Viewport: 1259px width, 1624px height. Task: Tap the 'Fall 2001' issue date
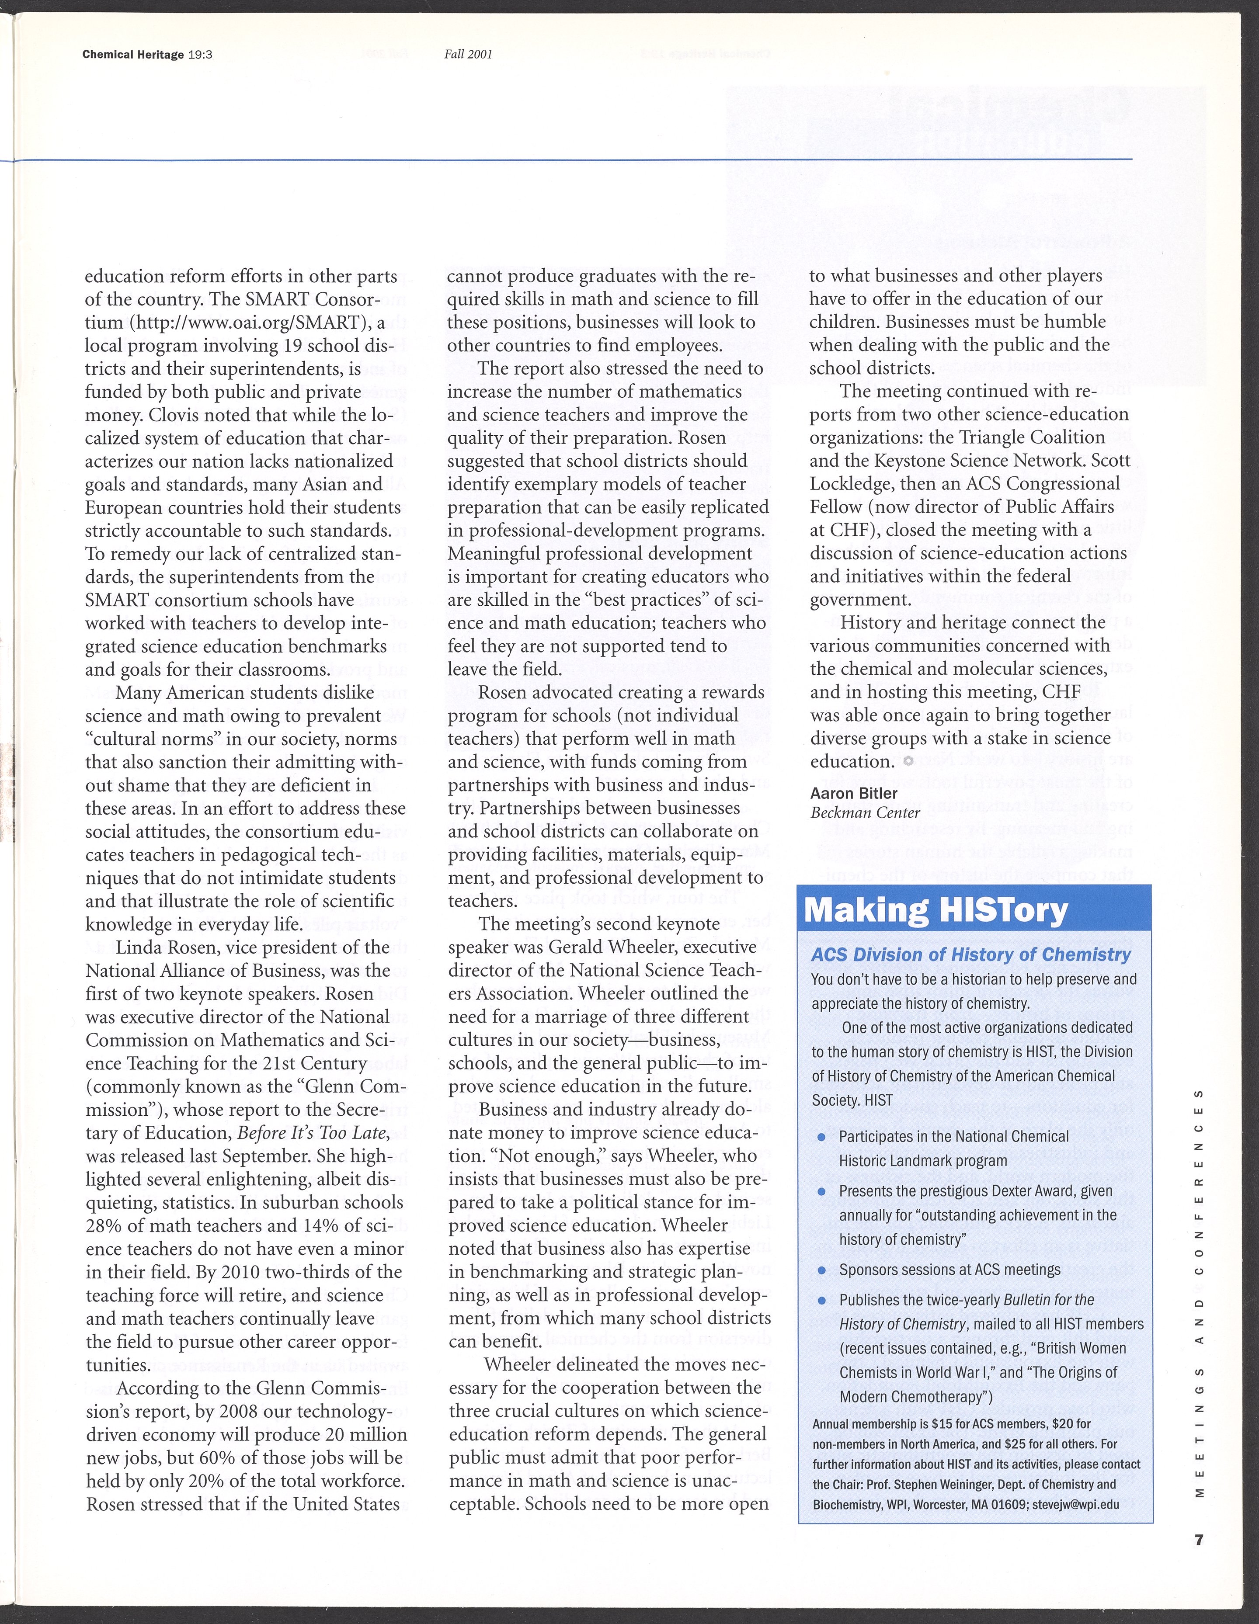469,54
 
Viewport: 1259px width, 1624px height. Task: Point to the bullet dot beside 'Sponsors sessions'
822,1270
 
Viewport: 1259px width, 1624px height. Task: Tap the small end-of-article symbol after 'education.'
908,761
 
